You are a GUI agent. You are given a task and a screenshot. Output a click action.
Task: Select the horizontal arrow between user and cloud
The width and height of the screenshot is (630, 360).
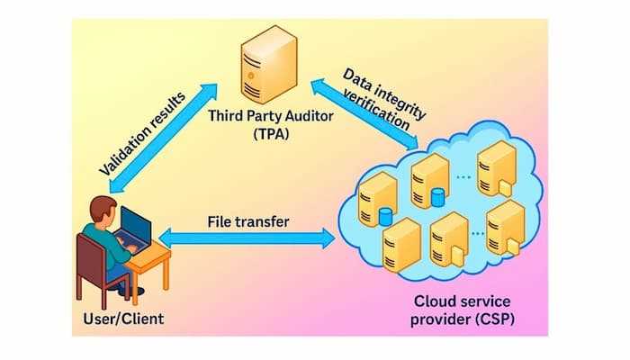click(247, 238)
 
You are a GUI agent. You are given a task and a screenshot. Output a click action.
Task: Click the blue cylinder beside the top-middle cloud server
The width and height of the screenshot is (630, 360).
click(439, 196)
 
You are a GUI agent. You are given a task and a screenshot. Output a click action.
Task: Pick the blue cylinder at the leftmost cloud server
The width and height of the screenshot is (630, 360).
click(386, 216)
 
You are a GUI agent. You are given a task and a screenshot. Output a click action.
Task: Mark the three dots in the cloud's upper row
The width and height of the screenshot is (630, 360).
click(463, 176)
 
